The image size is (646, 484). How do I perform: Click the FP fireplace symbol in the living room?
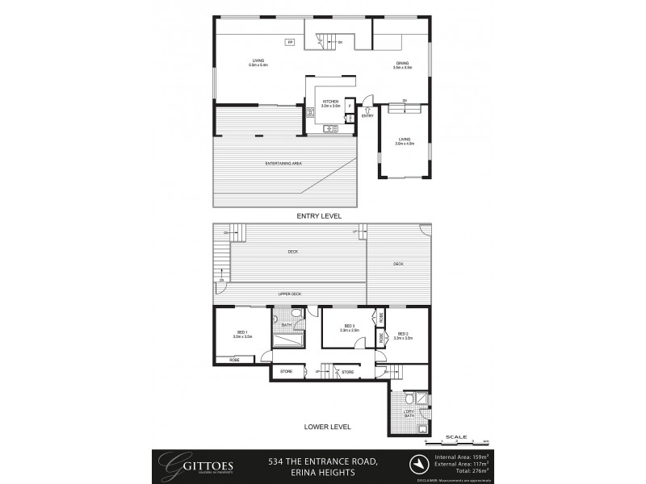coord(290,42)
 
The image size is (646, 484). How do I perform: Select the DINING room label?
coord(402,65)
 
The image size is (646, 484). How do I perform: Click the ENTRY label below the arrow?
coord(367,115)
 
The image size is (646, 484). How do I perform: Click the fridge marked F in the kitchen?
coord(349,106)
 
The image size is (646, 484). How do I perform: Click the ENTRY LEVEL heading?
coord(321,216)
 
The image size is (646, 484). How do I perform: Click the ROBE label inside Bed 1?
coord(234,359)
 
